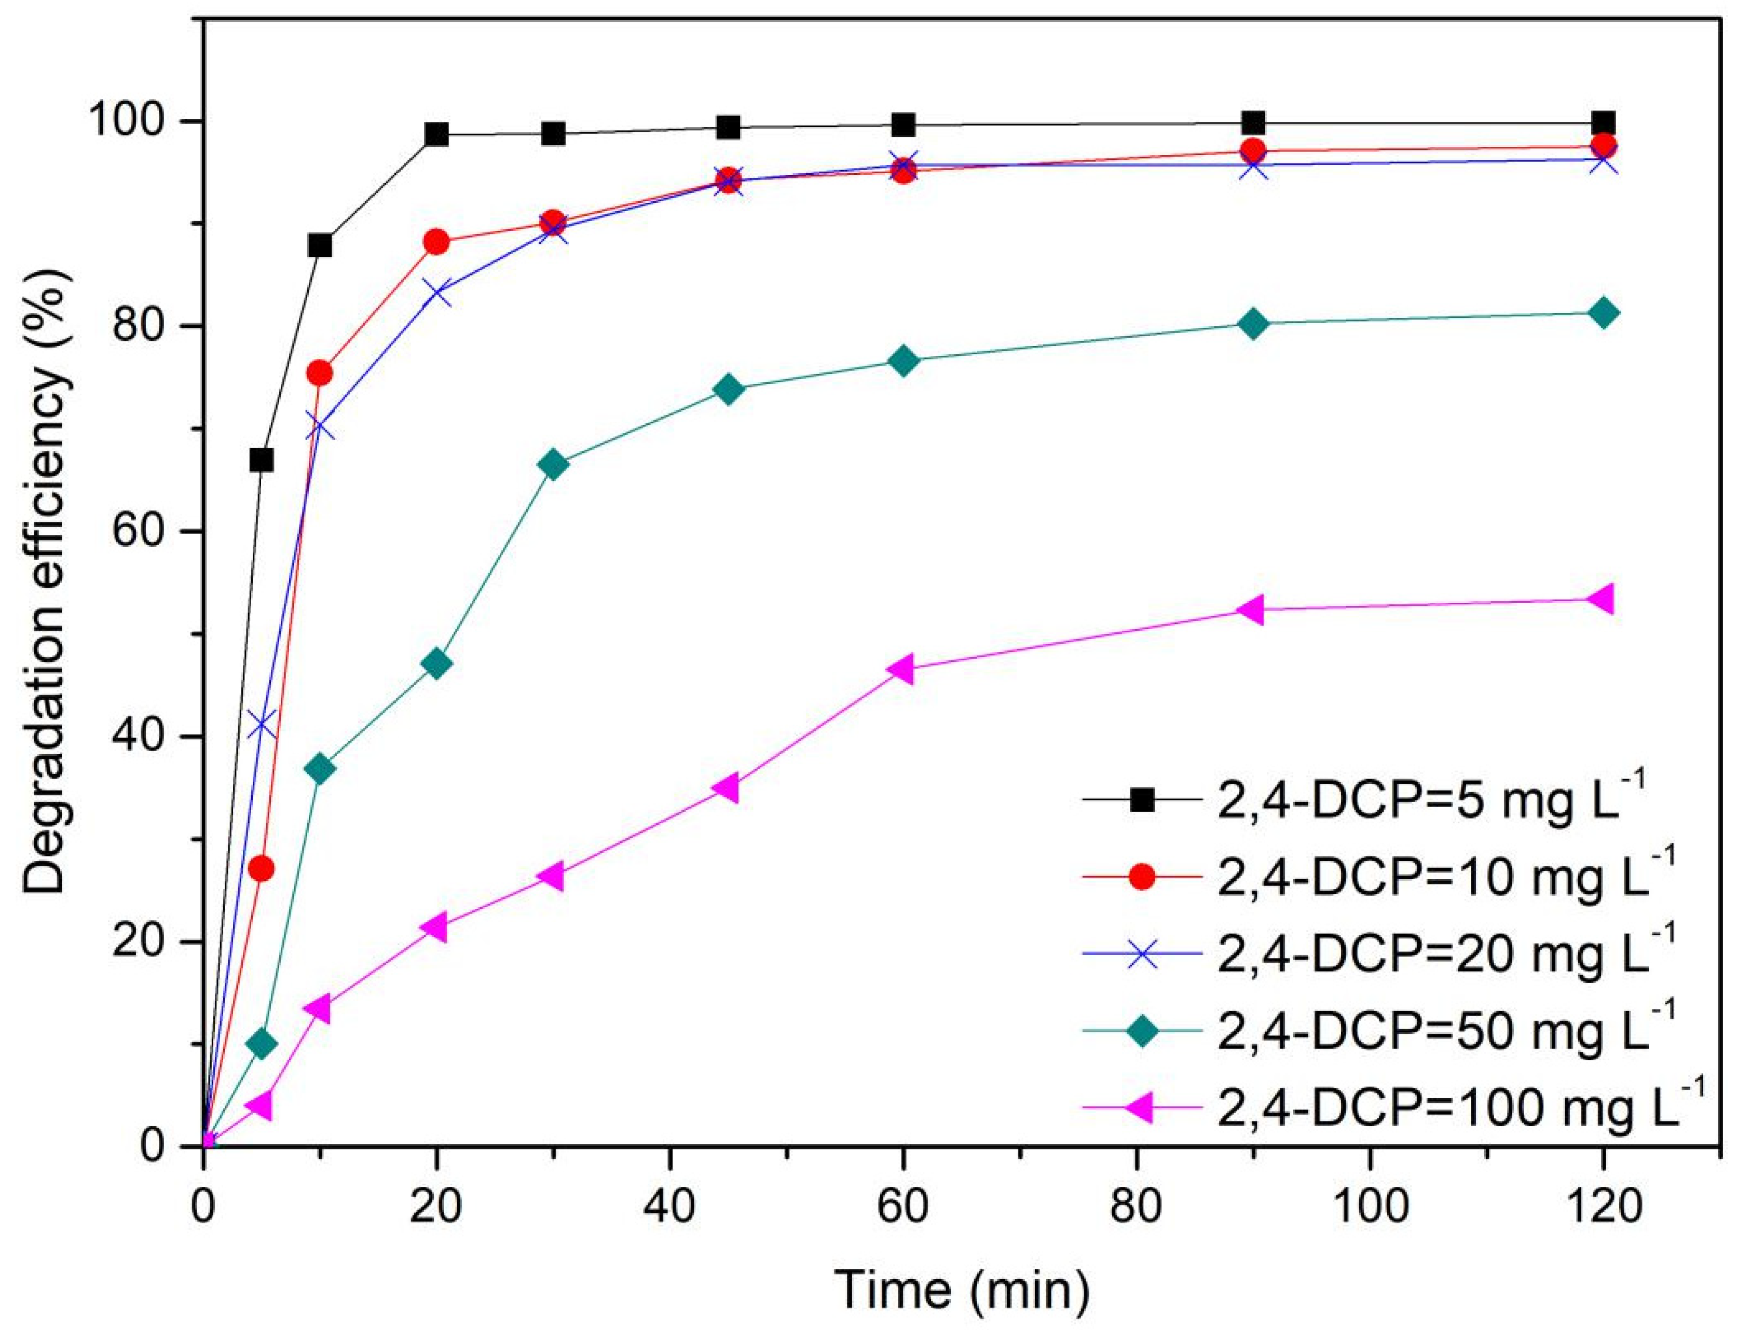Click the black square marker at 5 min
pos(262,460)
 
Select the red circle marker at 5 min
pos(262,869)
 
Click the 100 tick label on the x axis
pos(1370,1207)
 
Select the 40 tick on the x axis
pos(670,1147)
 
